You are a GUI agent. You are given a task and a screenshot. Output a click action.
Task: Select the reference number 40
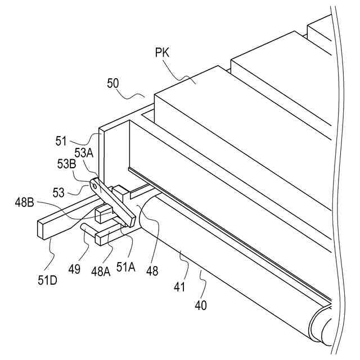pyautogui.click(x=201, y=305)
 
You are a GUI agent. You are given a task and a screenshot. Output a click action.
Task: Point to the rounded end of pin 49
pyautogui.click(x=83, y=227)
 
